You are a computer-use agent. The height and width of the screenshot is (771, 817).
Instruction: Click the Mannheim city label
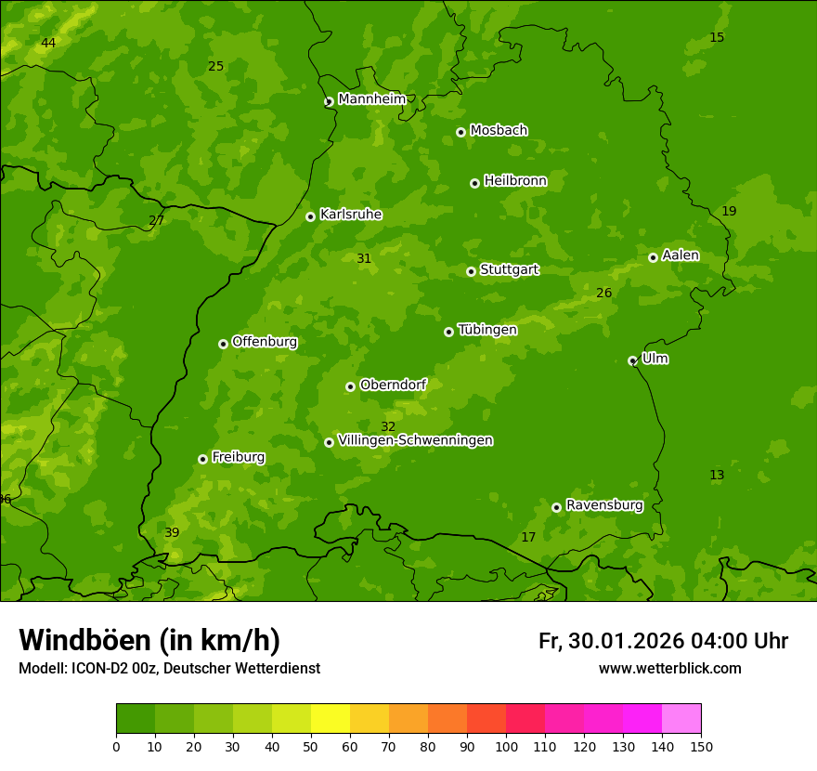(x=371, y=99)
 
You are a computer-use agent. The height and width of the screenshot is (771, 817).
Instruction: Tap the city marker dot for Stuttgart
(x=471, y=271)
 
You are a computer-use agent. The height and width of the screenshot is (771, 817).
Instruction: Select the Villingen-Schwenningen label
(x=415, y=440)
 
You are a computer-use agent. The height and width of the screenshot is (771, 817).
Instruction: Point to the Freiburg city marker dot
(x=202, y=459)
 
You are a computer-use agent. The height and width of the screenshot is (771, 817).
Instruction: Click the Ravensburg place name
(x=603, y=505)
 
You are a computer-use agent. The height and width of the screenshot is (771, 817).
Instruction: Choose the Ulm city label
(x=655, y=359)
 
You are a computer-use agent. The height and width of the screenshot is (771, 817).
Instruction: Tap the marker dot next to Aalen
(x=653, y=257)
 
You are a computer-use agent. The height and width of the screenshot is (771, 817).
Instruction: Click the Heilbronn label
(x=515, y=181)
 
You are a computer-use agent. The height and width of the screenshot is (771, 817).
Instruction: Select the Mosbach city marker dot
(x=460, y=132)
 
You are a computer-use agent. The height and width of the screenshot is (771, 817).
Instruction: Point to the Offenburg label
(x=265, y=342)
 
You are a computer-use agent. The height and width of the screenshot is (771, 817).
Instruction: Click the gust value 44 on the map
(x=48, y=44)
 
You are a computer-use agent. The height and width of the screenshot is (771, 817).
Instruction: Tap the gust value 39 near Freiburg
(x=172, y=533)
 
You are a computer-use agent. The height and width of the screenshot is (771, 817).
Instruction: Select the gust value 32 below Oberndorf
(x=388, y=426)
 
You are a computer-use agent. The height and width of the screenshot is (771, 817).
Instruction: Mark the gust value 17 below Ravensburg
(x=528, y=538)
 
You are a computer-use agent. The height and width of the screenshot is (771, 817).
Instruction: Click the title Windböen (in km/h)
(x=149, y=640)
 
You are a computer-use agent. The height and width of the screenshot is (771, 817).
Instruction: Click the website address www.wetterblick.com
(x=669, y=668)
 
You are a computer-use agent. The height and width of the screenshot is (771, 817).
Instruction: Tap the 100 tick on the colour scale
(x=506, y=746)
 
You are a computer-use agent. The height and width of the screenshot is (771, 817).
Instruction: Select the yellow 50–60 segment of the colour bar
(x=331, y=718)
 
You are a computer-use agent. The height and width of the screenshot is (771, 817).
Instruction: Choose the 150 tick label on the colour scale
(x=701, y=746)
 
